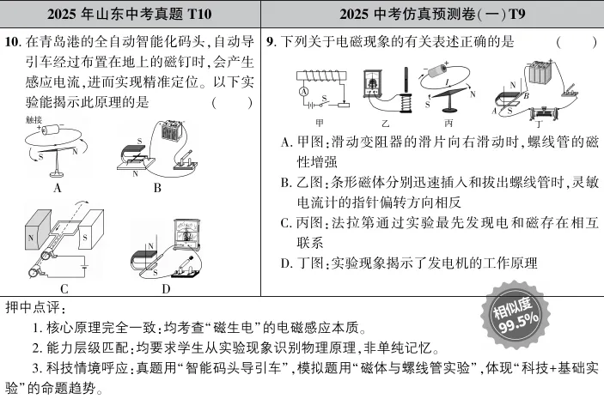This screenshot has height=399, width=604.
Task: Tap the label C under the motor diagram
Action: point(64,287)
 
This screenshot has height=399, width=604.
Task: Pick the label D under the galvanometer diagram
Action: point(166,287)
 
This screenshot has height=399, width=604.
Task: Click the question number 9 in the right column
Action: point(271,39)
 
